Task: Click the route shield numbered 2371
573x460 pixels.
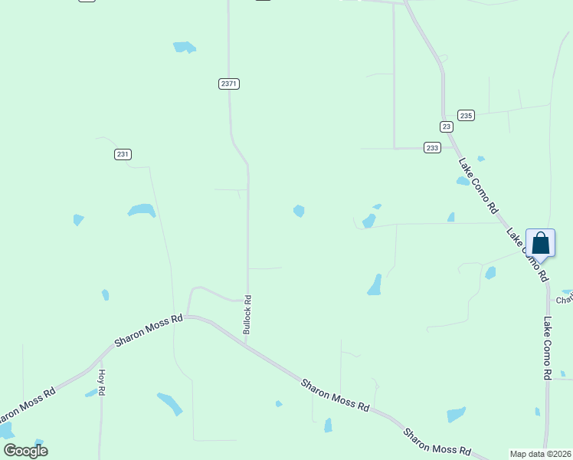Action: pos(228,84)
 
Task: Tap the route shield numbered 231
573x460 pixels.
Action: pos(123,154)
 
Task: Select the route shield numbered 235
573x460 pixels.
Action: pos(467,115)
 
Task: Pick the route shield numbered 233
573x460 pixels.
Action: pos(433,148)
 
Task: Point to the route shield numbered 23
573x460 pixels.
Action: pos(446,126)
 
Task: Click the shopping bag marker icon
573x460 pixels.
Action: pos(540,243)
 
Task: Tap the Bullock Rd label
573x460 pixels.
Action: pos(247,314)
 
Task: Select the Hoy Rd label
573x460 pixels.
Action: pos(101,382)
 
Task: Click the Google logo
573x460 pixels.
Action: pos(25,451)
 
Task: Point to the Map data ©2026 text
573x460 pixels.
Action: pos(540,454)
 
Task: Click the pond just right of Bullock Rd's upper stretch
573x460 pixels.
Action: pos(299,211)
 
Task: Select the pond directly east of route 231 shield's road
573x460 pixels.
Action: pos(142,210)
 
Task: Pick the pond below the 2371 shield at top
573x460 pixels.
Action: pos(184,48)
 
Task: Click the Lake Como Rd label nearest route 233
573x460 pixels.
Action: pos(479,185)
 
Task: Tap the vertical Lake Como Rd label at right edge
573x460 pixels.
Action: pos(548,349)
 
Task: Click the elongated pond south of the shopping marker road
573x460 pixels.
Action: pos(375,284)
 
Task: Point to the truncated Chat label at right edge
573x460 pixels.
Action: pos(565,299)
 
